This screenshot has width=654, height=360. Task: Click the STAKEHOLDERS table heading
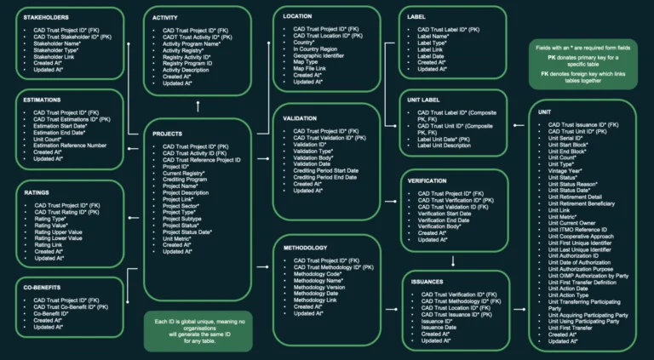tap(47, 17)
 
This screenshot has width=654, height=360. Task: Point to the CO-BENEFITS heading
tap(45, 288)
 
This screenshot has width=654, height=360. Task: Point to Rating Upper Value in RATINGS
tap(62, 230)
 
